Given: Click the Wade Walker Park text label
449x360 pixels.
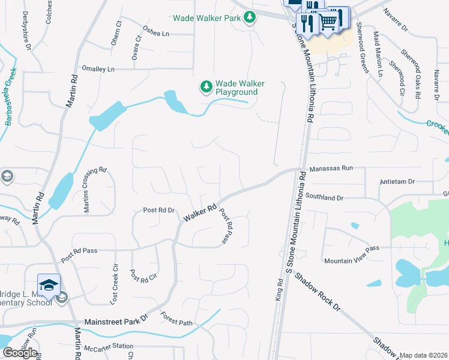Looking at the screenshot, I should tap(207, 18).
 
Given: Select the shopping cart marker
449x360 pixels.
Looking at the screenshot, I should tap(328, 22).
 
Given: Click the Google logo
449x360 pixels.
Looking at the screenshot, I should tap(20, 353).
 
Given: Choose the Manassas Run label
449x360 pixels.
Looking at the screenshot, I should tap(330, 169).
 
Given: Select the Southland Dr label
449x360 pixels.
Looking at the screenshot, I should tap(324, 197).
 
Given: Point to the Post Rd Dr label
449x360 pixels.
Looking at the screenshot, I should tap(158, 210).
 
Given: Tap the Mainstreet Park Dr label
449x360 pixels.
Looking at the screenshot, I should tap(116, 322).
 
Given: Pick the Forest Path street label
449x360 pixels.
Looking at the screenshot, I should tap(176, 322).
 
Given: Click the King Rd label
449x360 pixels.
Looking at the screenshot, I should tap(280, 287).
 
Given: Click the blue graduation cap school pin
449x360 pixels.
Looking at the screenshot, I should tap(49, 285).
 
